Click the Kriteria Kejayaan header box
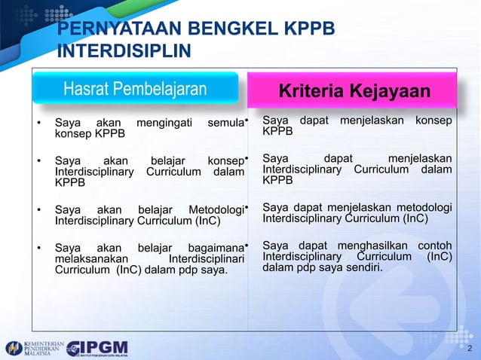pyautogui.click(x=354, y=91)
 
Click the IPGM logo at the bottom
pyautogui.click(x=97, y=348)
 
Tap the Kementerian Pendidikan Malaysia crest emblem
pyautogui.click(x=14, y=348)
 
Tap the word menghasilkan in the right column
pyautogui.click(x=374, y=246)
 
